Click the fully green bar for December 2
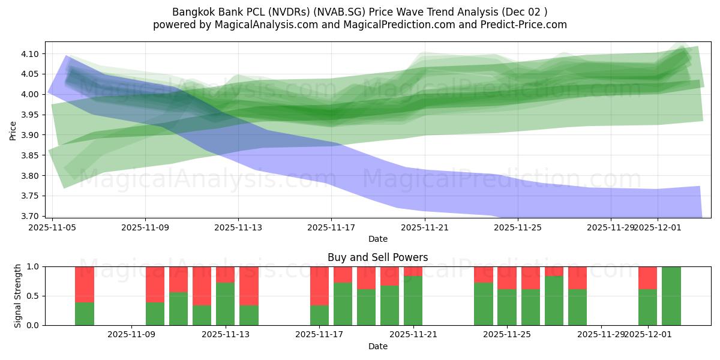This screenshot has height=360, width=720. [x=671, y=296]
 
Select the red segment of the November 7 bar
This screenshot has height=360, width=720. [x=85, y=284]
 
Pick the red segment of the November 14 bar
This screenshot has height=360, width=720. [x=249, y=286]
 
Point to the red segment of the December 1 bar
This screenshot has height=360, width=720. [x=648, y=278]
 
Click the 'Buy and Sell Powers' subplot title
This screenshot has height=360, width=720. [x=377, y=257]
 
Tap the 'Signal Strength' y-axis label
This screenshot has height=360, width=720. [x=18, y=296]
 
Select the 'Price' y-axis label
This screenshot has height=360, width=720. [x=13, y=130]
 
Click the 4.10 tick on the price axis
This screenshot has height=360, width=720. [x=31, y=54]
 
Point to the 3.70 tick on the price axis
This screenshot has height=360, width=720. [x=31, y=216]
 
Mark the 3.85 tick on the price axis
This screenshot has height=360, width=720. [x=31, y=155]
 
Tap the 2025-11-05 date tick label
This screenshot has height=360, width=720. [x=53, y=227]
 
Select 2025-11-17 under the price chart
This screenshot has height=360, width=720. [x=331, y=227]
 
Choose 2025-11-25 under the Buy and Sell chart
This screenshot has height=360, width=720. [x=507, y=335]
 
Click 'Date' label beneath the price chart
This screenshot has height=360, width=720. [x=377, y=239]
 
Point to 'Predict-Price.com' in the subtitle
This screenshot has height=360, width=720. [x=527, y=25]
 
